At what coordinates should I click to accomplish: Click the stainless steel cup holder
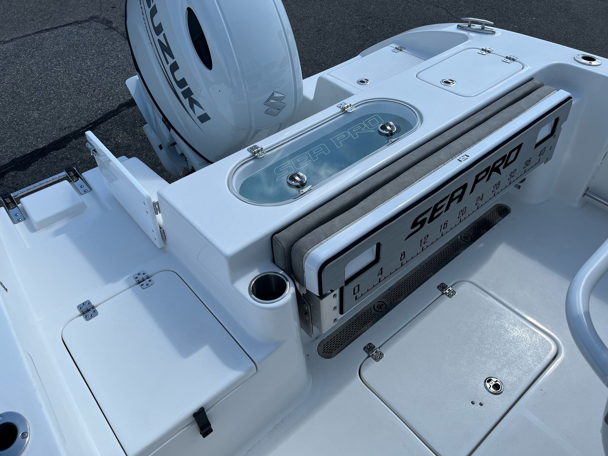coord(269,287)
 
